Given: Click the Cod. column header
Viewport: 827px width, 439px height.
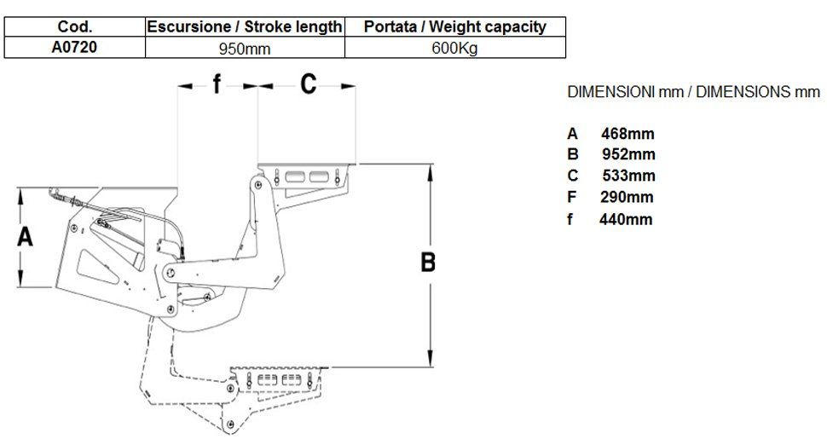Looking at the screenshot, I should (74, 27).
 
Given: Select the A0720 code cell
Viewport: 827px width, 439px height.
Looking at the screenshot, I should (74, 48).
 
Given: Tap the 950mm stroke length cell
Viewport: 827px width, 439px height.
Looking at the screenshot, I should (245, 49).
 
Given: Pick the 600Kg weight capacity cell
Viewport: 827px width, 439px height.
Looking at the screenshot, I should (455, 49).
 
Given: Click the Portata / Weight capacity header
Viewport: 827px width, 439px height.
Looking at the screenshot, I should (455, 27).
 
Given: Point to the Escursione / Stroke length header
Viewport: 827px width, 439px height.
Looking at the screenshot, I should (245, 27).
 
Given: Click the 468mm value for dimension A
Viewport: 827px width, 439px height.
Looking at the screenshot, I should (627, 134).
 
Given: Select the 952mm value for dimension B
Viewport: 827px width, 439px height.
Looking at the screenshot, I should (627, 155).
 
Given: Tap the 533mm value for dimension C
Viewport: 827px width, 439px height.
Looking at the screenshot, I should (627, 176).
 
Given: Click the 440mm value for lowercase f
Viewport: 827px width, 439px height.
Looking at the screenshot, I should (626, 219).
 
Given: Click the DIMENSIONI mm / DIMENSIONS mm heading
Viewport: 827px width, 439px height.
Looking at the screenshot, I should (693, 92).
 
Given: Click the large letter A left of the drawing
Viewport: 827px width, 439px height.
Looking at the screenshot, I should (26, 237).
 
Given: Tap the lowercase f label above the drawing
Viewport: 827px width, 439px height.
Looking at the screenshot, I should (217, 84).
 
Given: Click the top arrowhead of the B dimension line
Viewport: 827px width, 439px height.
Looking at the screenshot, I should (431, 167).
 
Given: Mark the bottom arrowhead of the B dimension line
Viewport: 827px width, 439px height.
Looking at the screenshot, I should (431, 361).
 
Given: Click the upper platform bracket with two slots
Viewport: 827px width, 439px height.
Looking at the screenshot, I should (307, 176).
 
